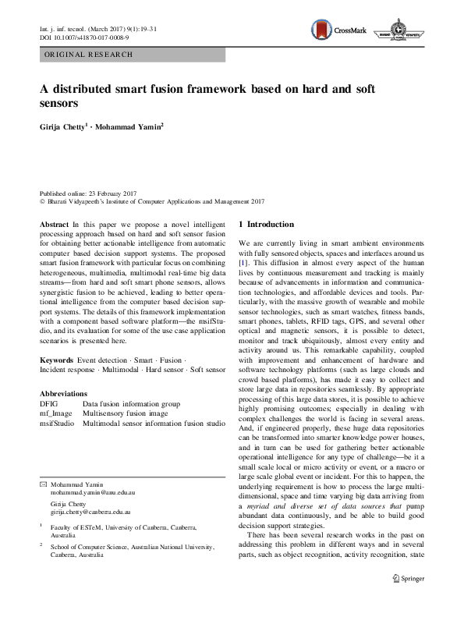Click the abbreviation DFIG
48,404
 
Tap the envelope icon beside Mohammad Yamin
43,485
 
